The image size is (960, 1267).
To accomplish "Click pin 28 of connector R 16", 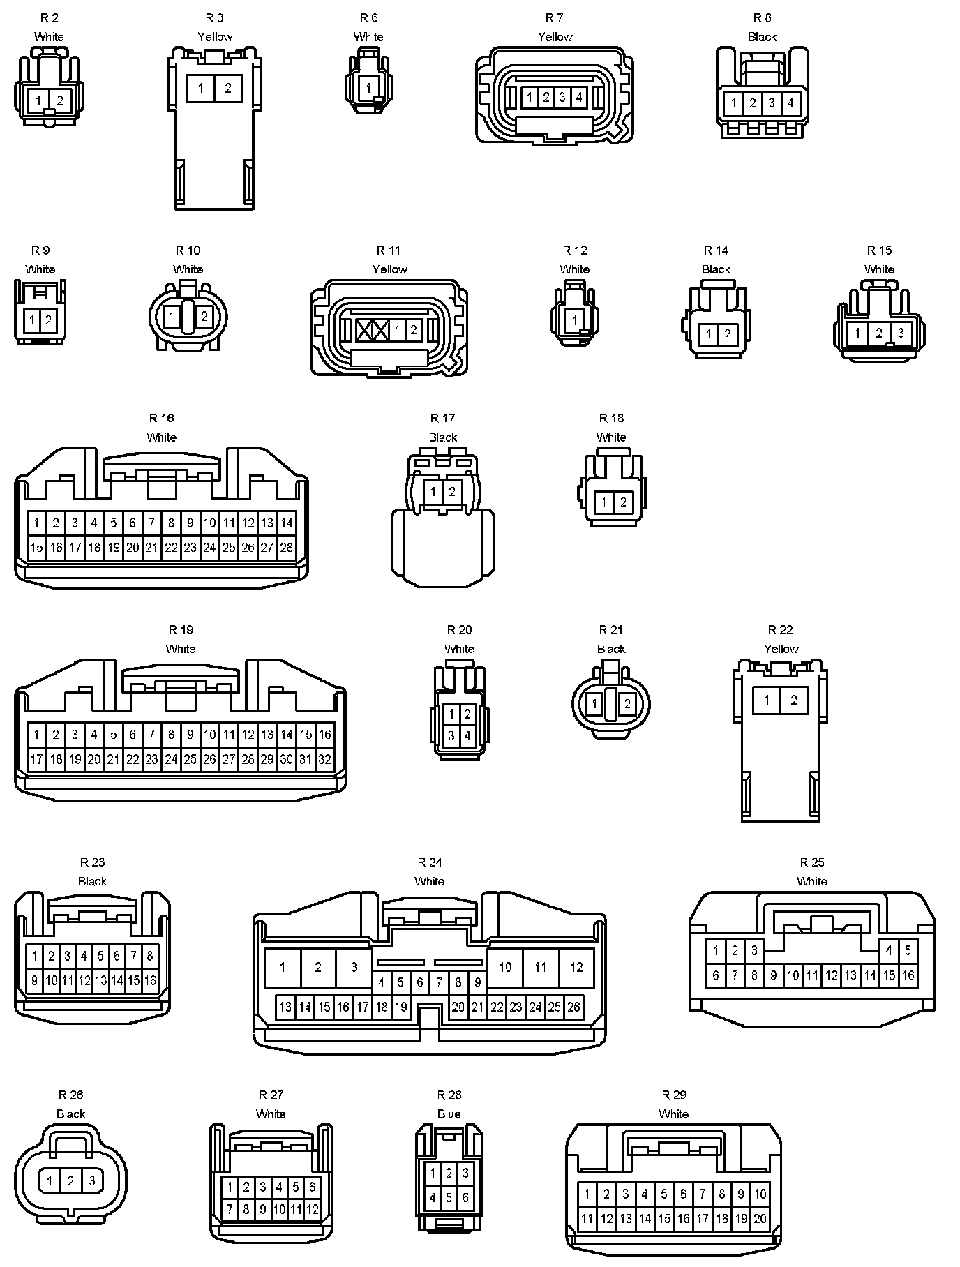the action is pos(286,548).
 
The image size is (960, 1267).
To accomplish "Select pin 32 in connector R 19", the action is pos(324,759).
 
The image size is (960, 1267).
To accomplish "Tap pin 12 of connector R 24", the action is pos(576,967).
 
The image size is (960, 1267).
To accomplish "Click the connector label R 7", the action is pos(555,17).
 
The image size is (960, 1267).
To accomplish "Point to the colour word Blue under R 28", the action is pos(449,1114).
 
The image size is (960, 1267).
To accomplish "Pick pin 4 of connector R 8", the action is pos(790,103).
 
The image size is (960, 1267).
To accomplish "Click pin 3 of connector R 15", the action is pos(901,333).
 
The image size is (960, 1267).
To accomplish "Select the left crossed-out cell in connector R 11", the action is pos(364,330).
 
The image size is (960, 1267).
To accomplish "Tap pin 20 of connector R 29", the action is pos(760,1219).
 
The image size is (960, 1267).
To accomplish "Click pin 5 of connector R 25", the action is pos(908,950).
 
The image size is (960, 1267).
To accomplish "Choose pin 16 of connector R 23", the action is pos(150,980).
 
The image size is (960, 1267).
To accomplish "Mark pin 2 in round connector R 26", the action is pos(70,1181).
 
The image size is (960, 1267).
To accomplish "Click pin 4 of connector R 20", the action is pos(467,735).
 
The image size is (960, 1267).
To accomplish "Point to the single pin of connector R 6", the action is pos(368,88).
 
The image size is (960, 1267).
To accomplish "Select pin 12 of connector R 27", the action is pos(312,1209).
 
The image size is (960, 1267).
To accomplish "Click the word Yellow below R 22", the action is pos(781,649).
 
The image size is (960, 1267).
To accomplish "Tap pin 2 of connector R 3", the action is pos(228,89).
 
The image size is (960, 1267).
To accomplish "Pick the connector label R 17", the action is pos(442,418).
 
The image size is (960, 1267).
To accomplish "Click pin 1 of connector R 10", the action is pos(171,317).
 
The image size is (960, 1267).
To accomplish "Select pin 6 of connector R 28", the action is pos(465,1198).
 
